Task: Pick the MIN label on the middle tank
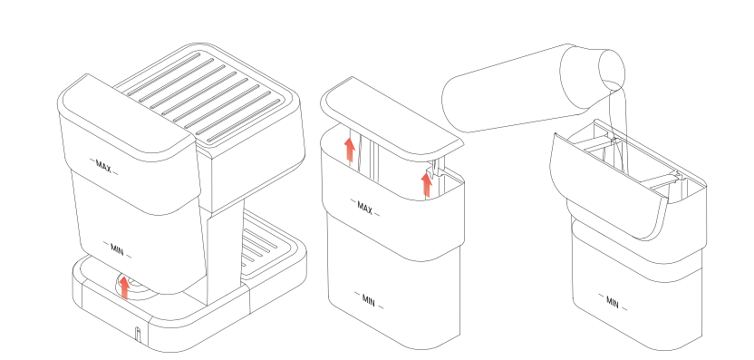368,299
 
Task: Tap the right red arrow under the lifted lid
427,184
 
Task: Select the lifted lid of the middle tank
390,113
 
